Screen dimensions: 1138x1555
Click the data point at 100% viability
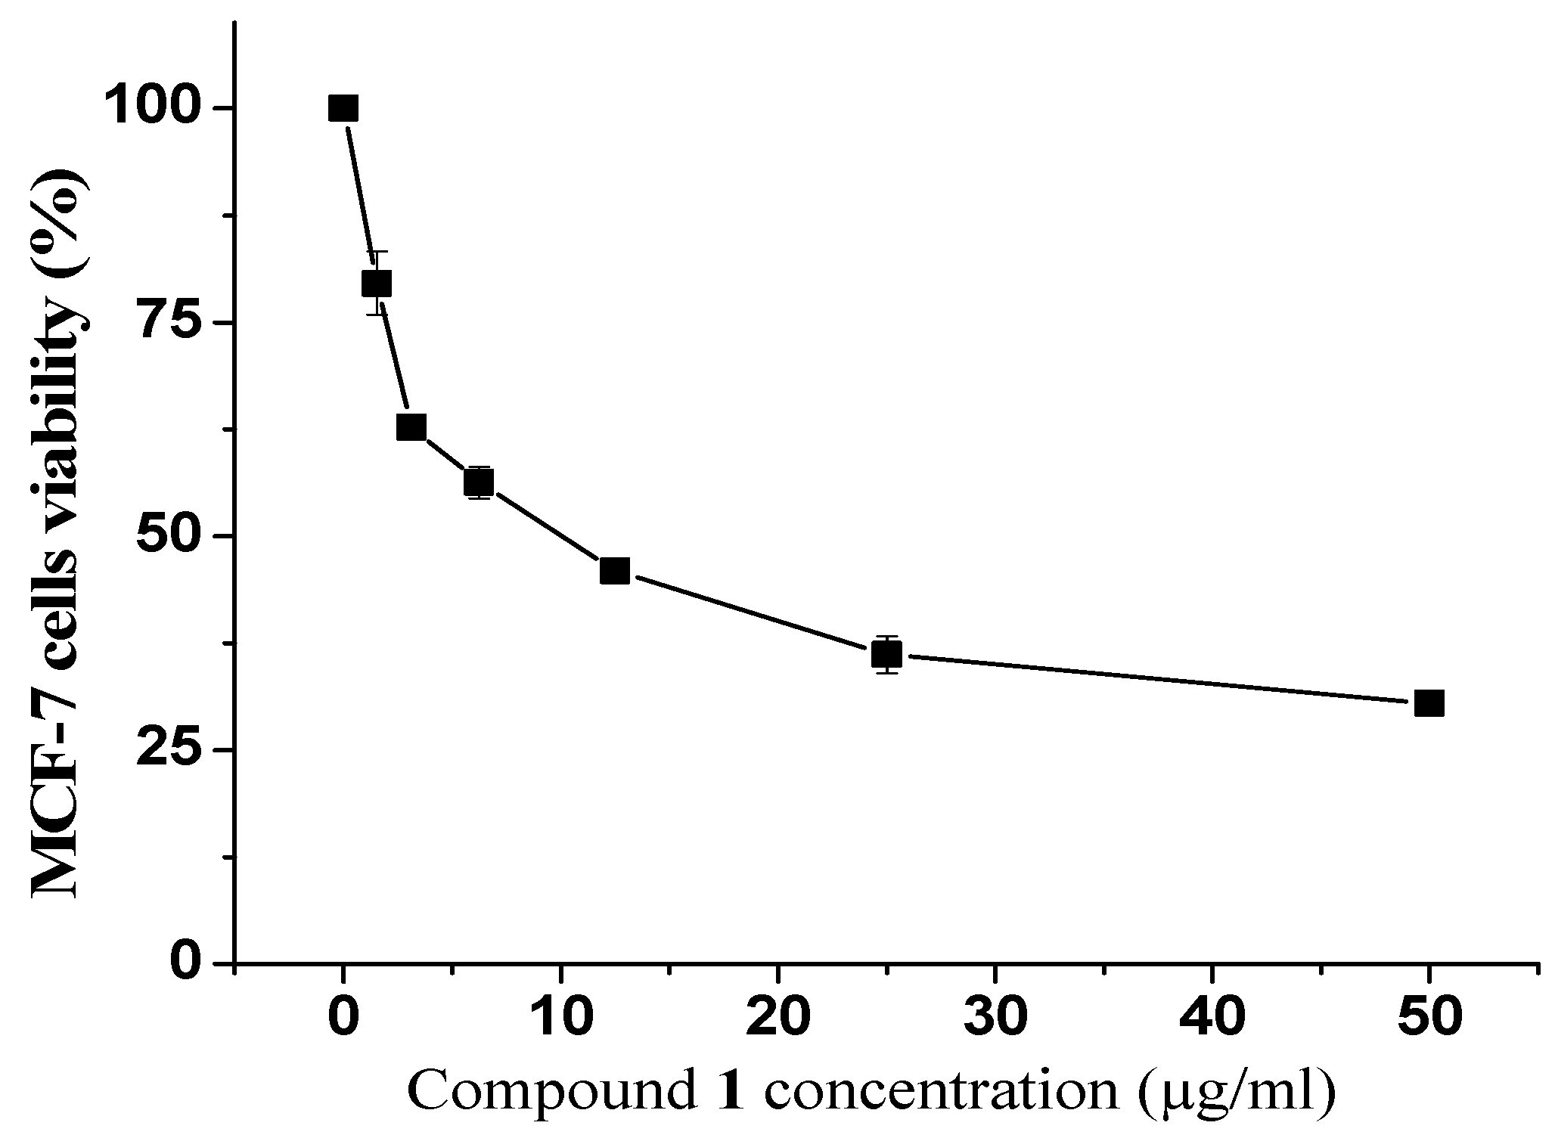343,109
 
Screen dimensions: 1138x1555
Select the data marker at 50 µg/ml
1429,703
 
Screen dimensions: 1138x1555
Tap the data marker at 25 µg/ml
886,654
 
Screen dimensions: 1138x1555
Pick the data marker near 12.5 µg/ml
614,571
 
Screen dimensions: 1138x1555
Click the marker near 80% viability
377,284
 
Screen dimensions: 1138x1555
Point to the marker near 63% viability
411,427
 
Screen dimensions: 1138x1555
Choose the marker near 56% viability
479,482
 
